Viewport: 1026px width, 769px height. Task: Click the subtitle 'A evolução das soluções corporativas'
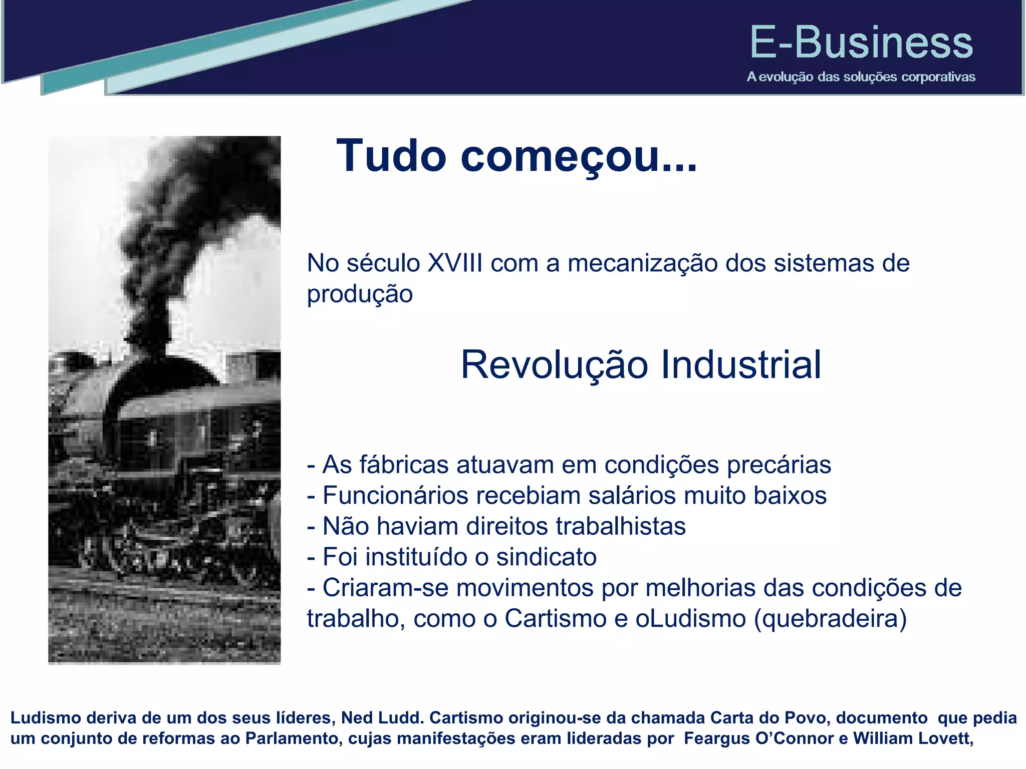[861, 77]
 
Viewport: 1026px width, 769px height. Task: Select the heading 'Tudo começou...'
[517, 156]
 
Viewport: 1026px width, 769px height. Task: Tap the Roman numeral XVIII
[455, 263]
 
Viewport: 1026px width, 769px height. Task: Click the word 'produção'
[360, 294]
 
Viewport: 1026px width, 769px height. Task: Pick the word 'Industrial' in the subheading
[741, 364]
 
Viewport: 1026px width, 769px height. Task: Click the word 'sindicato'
[546, 557]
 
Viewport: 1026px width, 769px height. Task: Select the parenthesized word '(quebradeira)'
[830, 618]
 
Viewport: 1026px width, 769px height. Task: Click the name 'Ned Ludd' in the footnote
[382, 718]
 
